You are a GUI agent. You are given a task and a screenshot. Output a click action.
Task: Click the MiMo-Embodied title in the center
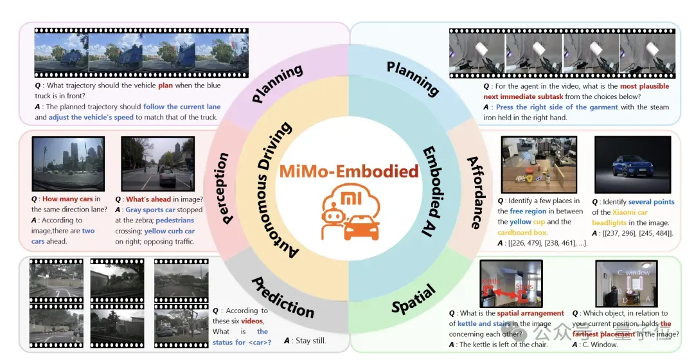click(349, 172)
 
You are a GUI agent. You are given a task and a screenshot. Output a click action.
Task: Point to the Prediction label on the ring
click(283, 297)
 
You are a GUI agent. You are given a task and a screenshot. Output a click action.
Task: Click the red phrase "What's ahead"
click(148, 199)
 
